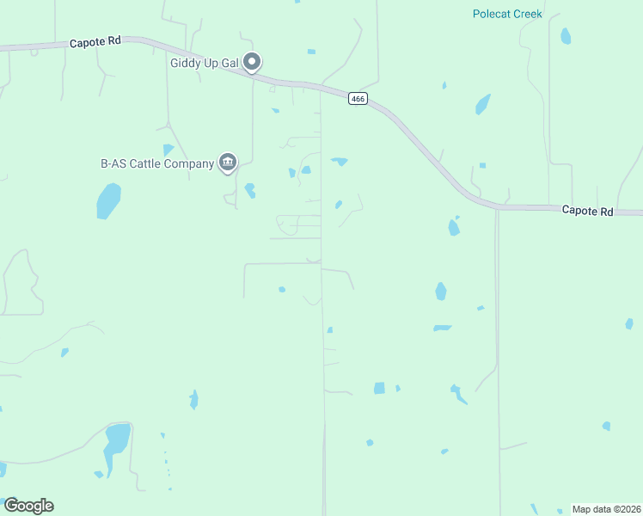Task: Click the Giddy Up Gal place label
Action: pos(205,62)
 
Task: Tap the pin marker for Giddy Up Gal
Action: pos(252,62)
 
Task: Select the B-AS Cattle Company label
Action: pos(156,163)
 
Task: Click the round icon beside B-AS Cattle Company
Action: pos(228,162)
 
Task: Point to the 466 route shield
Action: pos(358,99)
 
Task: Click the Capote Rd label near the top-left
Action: pos(95,42)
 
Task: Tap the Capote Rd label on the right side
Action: pos(587,210)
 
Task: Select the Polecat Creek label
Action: pos(507,14)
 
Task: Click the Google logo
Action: pos(28,506)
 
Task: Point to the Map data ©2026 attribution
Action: pos(607,509)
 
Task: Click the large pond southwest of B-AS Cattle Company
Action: pos(108,201)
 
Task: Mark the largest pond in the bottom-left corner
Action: pos(116,444)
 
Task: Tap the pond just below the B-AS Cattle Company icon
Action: pos(250,190)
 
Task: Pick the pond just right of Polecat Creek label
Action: pos(566,36)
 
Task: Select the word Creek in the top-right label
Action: pos(526,14)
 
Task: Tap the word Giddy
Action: pos(185,62)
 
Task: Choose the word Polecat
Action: pos(490,14)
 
